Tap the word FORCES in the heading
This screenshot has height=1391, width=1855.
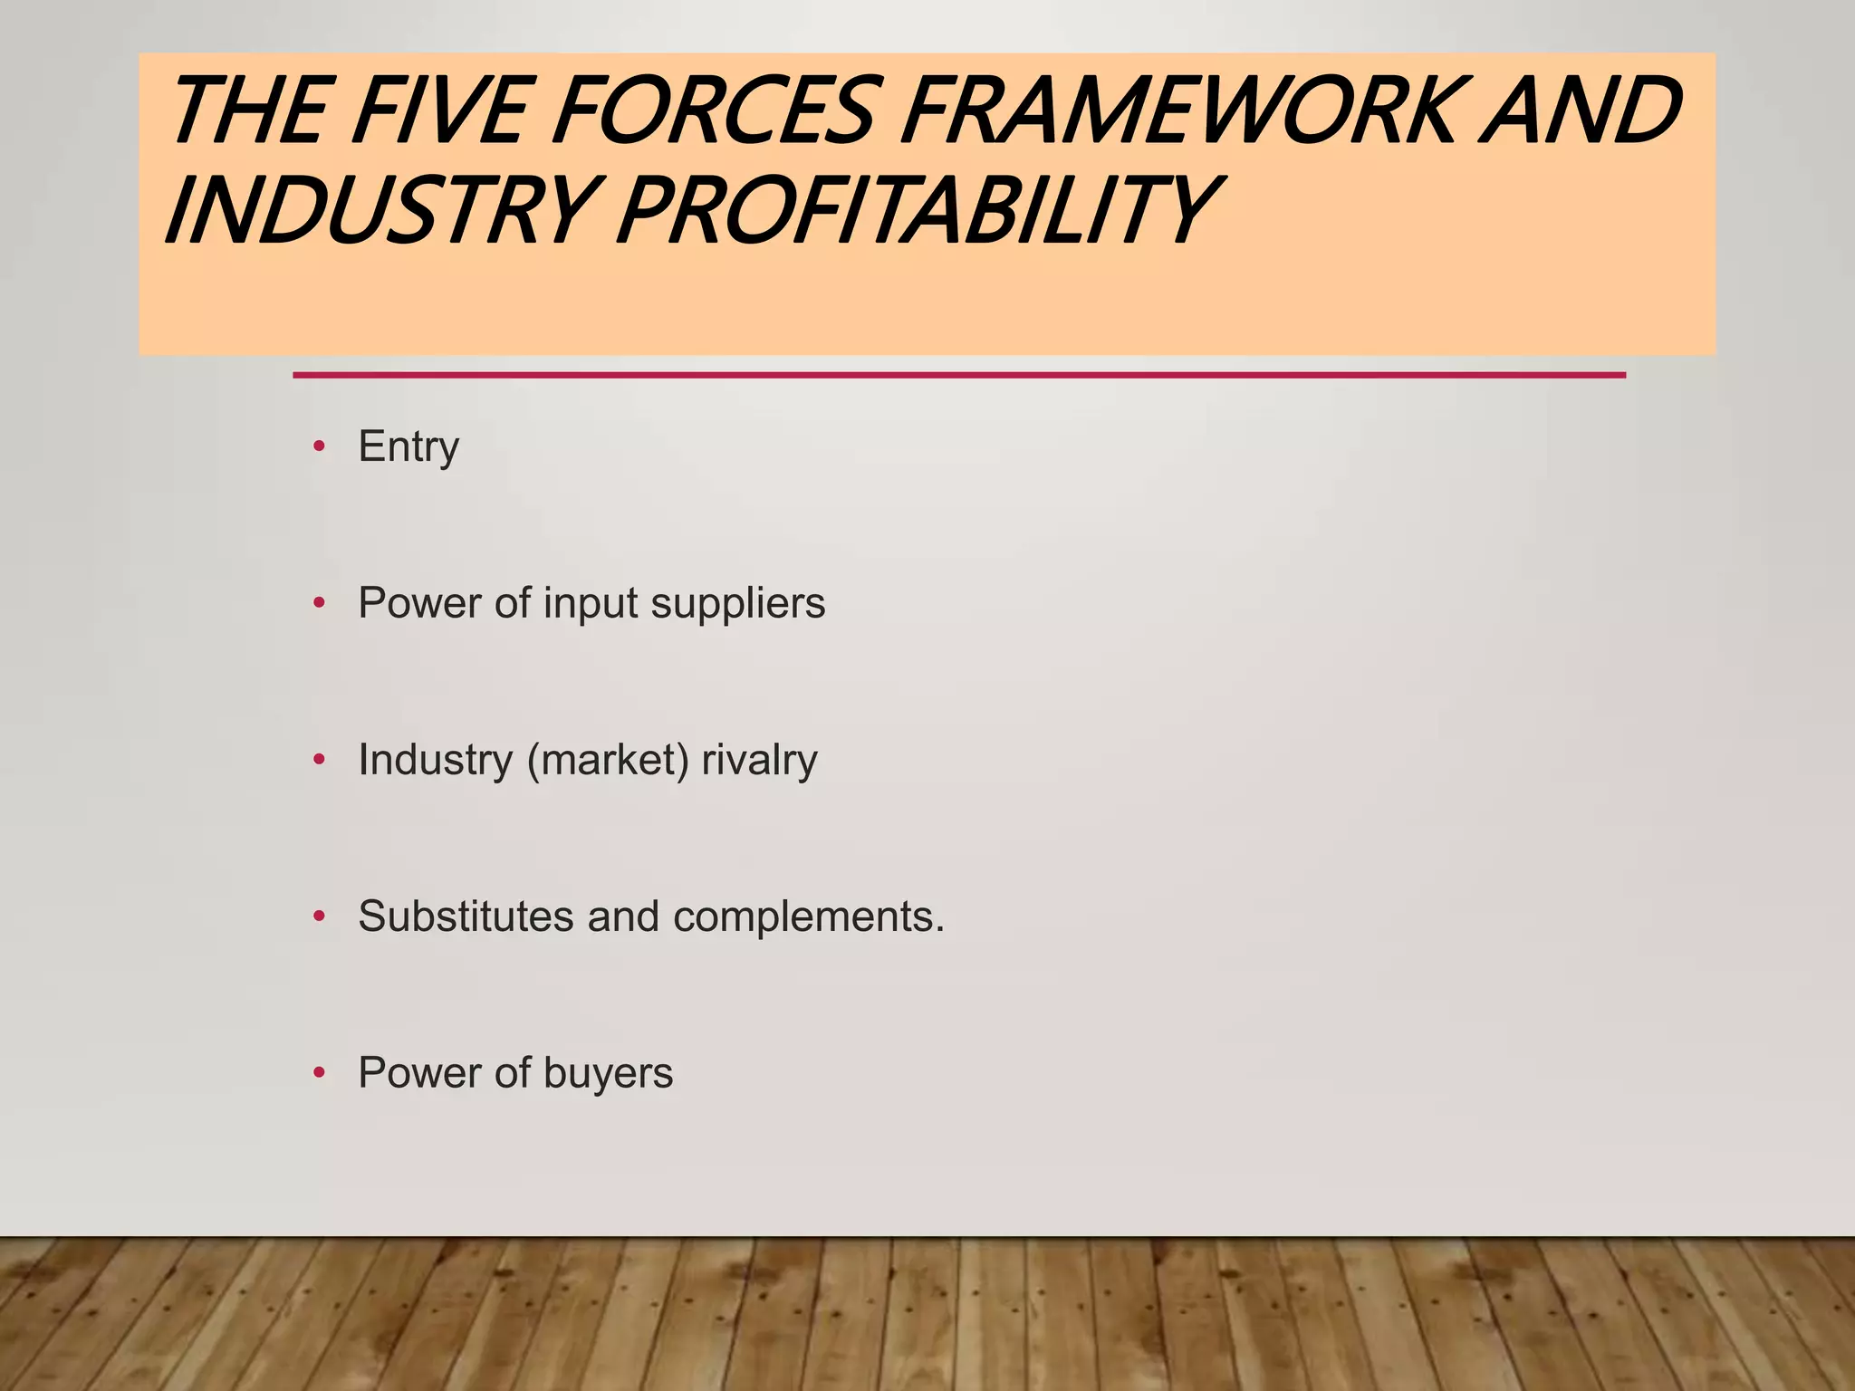(x=716, y=112)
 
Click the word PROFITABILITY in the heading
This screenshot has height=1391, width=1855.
(x=915, y=212)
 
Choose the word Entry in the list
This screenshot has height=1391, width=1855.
(x=408, y=447)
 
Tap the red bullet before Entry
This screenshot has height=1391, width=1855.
(x=319, y=446)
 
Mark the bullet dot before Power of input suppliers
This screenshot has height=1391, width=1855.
(x=319, y=603)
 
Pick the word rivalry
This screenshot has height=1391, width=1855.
(x=759, y=761)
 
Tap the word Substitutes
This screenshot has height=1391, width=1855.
(x=466, y=916)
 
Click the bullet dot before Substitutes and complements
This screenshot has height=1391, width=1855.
(x=319, y=916)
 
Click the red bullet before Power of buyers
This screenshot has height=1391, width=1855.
(x=319, y=1073)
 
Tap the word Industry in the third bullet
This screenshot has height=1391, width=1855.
(x=436, y=761)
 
